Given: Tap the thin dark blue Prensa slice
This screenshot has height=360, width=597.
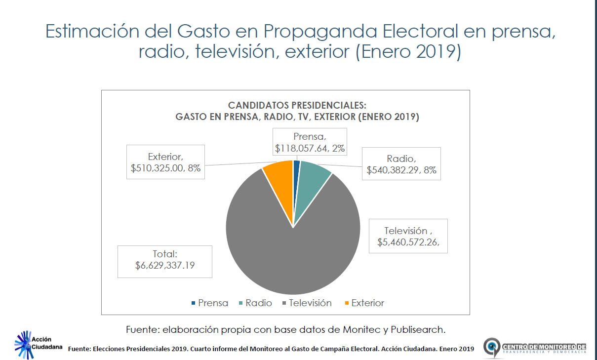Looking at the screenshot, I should (296, 170).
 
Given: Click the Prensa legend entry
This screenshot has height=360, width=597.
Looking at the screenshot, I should (209, 303).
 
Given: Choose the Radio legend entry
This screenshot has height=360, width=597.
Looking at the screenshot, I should (255, 303).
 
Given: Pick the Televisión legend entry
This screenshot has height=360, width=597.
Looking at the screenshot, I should (307, 303).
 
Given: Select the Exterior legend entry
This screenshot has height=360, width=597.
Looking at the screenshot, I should (364, 303).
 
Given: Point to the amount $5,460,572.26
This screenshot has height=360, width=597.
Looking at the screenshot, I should (408, 242).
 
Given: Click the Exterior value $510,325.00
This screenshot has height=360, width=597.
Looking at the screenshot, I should (159, 168).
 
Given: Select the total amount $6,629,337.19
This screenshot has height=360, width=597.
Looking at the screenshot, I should (165, 266).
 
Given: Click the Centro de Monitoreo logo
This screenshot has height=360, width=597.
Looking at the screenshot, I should (535, 348).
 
